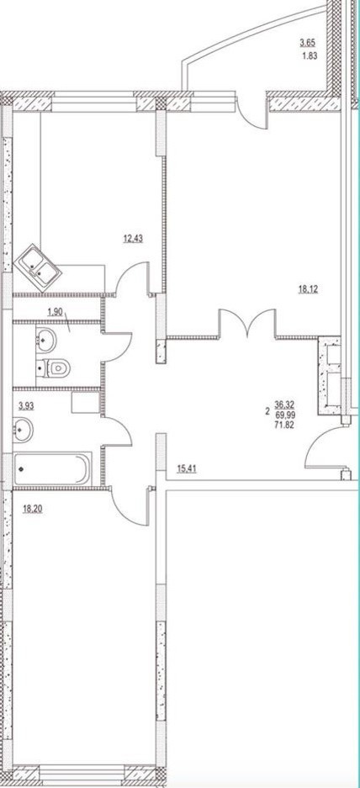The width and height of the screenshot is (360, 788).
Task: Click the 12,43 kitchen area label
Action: coord(133,239)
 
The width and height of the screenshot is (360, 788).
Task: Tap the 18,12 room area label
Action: coord(310,289)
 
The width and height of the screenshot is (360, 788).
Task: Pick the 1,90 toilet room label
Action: coord(56,311)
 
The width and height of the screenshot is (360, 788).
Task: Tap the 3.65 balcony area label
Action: coord(309,44)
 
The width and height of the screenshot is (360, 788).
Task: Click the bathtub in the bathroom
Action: coord(53,469)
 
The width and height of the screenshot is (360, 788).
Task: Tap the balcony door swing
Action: coord(250,110)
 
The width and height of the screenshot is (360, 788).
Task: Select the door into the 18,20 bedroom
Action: coord(129,506)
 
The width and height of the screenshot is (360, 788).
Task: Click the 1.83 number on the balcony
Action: coord(309,56)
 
